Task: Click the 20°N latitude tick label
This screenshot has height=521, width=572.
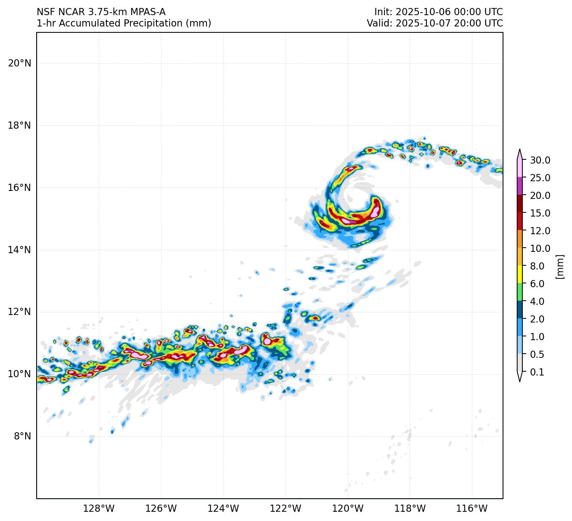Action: coord(19,63)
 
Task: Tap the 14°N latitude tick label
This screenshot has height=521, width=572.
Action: coord(19,250)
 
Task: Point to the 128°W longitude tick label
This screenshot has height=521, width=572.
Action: coord(99,509)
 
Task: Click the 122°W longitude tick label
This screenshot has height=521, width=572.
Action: coord(286,509)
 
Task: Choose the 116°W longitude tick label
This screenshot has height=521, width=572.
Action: coord(472,509)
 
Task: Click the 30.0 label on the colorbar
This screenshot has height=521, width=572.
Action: coord(540,160)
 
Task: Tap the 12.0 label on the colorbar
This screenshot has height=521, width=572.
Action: coord(540,231)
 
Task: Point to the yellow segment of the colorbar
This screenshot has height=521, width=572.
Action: coord(520,274)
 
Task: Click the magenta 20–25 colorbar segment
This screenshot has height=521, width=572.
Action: coord(520,186)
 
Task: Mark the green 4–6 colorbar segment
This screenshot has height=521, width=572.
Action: coord(520,292)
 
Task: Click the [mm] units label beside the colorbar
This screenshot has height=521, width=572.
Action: coord(559,266)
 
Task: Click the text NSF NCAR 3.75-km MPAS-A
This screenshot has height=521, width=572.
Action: coord(101,12)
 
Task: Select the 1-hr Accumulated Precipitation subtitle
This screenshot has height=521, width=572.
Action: coord(124,24)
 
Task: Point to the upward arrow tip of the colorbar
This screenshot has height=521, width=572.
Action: coord(520,151)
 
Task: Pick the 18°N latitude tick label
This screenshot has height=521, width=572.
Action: coord(19,125)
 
